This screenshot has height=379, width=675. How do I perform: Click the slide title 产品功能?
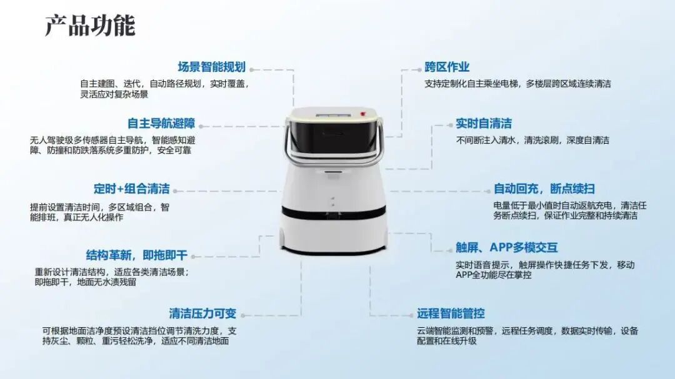[91, 26]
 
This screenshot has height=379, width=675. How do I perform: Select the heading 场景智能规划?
[211, 67]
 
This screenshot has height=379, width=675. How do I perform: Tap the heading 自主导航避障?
[161, 124]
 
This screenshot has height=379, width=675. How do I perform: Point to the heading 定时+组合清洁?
[132, 189]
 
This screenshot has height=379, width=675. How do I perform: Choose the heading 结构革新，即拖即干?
[137, 255]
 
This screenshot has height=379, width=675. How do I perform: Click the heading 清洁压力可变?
[202, 313]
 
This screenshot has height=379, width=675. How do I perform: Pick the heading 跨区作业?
[447, 67]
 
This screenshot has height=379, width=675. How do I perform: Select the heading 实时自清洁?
[484, 124]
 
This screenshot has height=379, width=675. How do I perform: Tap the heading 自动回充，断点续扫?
[544, 189]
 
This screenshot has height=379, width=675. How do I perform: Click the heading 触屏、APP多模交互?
[507, 247]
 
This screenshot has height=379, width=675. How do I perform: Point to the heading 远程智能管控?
[451, 313]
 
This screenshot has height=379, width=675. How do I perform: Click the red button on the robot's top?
[362, 114]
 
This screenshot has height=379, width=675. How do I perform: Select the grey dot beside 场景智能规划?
[251, 69]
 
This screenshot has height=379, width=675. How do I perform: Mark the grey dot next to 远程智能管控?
[411, 315]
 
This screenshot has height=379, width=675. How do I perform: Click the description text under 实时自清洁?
[532, 140]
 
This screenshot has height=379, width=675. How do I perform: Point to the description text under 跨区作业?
[517, 84]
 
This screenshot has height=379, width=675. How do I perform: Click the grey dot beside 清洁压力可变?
[242, 315]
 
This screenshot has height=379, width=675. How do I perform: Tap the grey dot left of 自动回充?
[489, 192]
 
